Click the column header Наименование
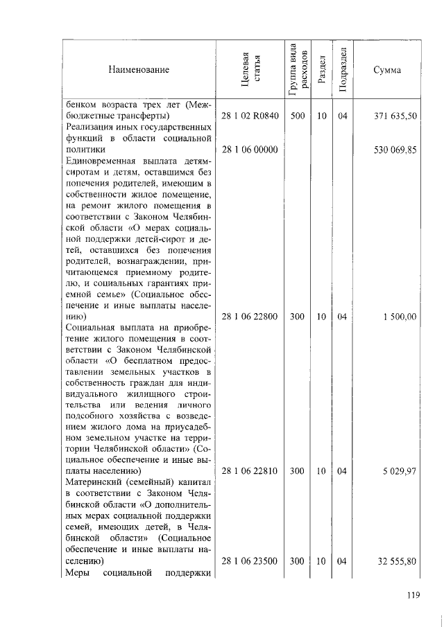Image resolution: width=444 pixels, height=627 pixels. click(x=138, y=70)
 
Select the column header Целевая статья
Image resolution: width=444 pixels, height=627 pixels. click(x=250, y=70)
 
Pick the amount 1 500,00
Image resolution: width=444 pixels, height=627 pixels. click(x=400, y=316)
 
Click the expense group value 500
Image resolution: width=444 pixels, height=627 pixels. click(x=298, y=116)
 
